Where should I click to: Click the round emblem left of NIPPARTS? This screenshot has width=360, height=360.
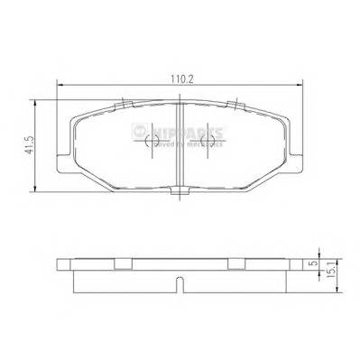[139, 133]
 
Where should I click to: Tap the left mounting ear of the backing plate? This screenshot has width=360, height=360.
[65, 153]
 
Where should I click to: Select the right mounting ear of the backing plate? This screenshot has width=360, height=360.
[296, 153]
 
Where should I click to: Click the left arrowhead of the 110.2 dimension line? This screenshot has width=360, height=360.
[60, 86]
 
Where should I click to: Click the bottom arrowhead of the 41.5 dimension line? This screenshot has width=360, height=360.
[37, 189]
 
